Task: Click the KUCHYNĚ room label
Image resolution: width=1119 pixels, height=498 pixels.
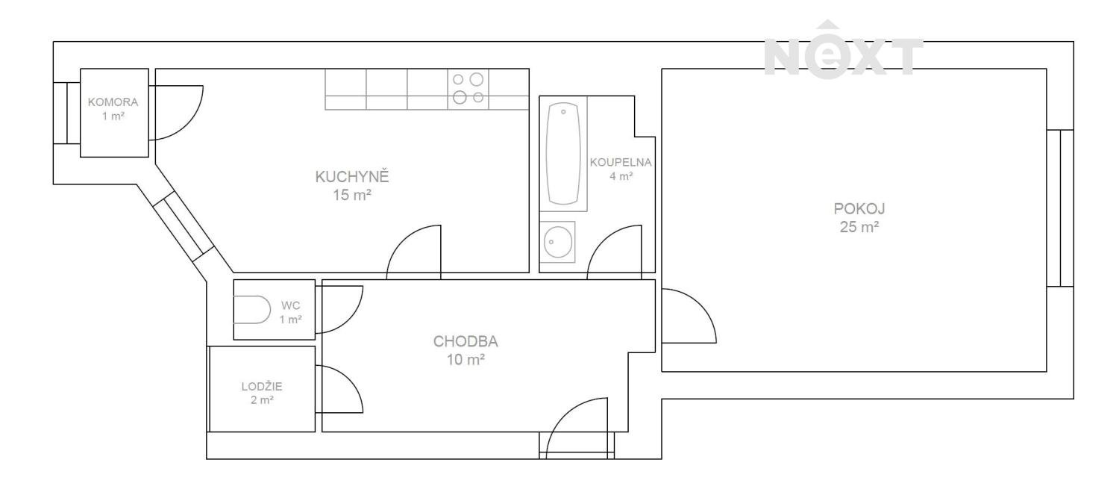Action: tap(351, 176)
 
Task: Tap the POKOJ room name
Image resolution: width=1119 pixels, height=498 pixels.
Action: tap(859, 208)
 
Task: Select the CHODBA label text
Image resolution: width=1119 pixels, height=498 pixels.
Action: tap(465, 341)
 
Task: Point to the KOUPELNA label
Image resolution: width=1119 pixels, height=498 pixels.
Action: tap(621, 163)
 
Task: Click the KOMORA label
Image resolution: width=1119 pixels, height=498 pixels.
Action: tap(113, 102)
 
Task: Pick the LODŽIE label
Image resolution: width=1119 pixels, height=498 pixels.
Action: tap(262, 386)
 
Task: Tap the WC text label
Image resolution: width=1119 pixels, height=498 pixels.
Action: tap(290, 305)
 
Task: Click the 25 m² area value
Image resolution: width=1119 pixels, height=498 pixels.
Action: tap(859, 227)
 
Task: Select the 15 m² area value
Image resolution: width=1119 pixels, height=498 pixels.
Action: tap(352, 195)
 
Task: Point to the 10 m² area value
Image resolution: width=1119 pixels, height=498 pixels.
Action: tap(466, 359)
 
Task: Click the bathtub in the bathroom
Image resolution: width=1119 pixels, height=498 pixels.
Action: tap(563, 154)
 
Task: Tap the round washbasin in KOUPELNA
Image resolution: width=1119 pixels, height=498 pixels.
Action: tap(557, 242)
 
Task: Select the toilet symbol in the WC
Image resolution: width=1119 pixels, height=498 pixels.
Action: tap(252, 310)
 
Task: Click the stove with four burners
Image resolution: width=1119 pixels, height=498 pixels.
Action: tap(468, 89)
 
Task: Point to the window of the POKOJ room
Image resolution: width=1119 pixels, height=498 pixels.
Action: tap(1060, 208)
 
